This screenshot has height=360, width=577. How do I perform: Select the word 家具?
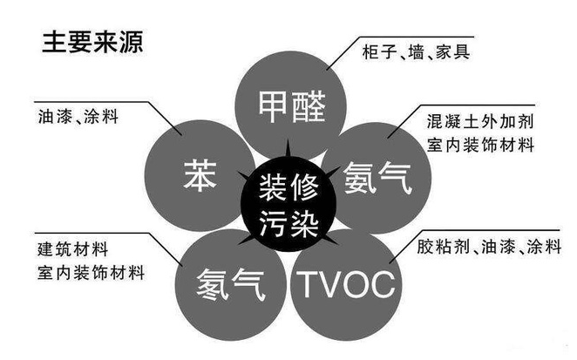(x=451, y=52)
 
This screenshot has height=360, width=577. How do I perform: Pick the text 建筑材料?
(x=69, y=245)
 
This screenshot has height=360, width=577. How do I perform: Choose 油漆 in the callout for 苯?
(x=53, y=116)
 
